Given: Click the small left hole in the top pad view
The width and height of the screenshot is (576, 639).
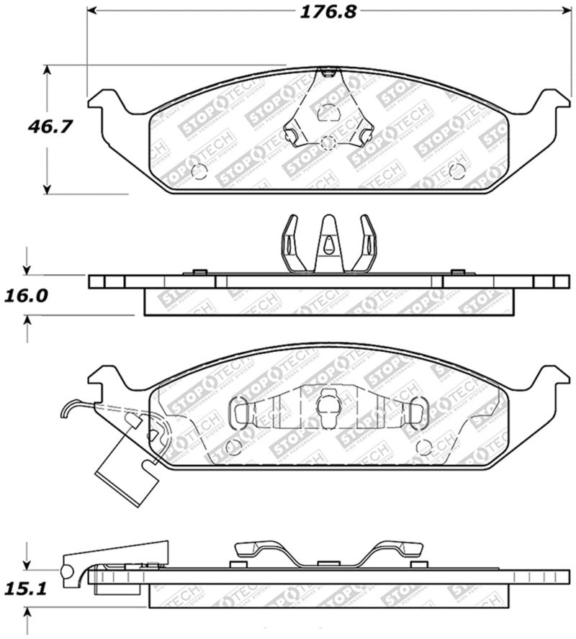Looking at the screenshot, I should point(200,171).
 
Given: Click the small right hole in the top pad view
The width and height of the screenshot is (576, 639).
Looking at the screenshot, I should point(456,170).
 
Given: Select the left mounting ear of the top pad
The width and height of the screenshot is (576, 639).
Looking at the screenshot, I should point(104,101).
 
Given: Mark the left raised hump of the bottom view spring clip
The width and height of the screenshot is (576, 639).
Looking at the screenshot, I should point(258,548).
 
